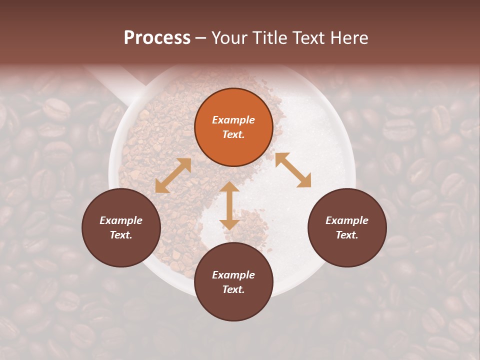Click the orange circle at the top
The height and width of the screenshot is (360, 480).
233,127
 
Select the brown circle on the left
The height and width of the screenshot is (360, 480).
121,228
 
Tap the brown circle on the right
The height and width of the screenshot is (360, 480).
347,228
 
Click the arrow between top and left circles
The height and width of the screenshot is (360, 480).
173,175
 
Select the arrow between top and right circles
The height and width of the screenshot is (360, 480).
293,170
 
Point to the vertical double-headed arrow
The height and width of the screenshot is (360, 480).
229,205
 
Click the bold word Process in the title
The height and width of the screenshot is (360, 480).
157,38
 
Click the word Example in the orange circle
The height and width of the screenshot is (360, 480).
233,120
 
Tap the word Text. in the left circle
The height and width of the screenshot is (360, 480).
121,235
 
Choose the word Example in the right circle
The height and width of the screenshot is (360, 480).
347,220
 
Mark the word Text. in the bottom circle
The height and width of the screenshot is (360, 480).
233,289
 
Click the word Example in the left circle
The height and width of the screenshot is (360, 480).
121,220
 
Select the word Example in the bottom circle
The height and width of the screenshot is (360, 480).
233,275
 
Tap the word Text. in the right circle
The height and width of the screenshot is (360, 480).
347,235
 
